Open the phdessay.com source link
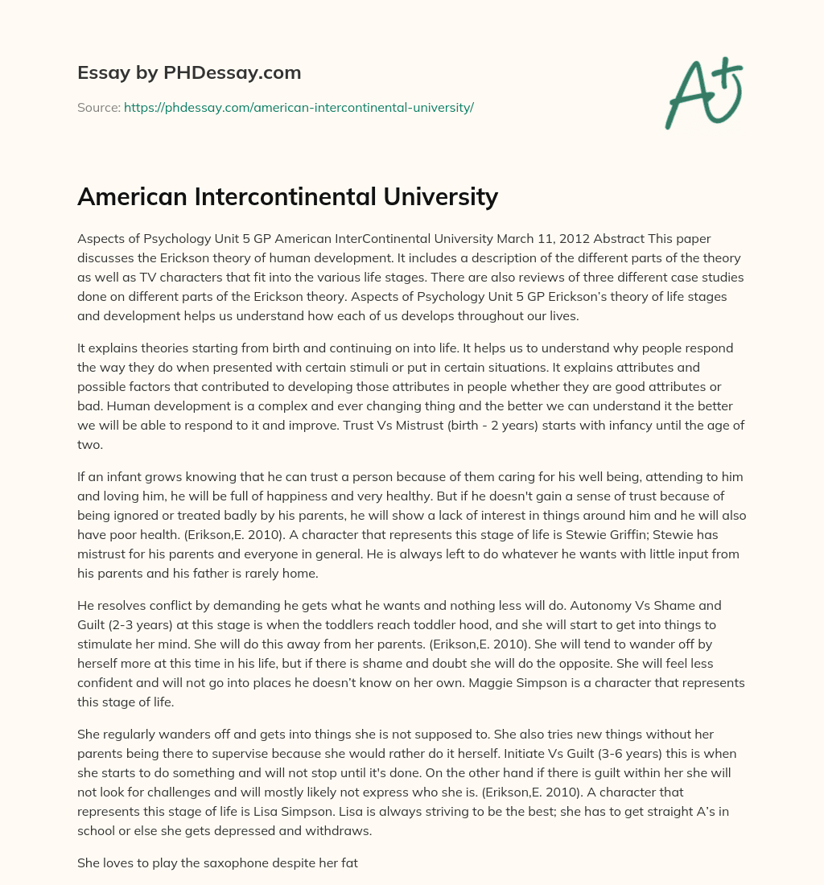point(299,107)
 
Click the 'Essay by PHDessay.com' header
point(189,73)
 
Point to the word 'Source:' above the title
point(98,107)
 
